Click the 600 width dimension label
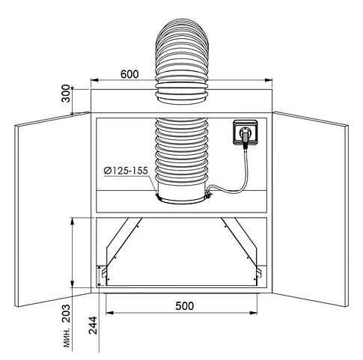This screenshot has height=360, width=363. point(129,74)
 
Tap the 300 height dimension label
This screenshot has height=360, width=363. point(66,94)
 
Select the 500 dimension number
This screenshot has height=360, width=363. point(184,306)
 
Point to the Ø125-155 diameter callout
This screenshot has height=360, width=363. point(126,171)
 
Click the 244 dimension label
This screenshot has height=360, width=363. point(93,325)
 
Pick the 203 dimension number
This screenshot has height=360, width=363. point(66,314)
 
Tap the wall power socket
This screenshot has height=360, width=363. point(245,132)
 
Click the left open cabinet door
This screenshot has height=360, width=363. point(52,209)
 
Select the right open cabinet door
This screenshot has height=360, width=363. point(311,209)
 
